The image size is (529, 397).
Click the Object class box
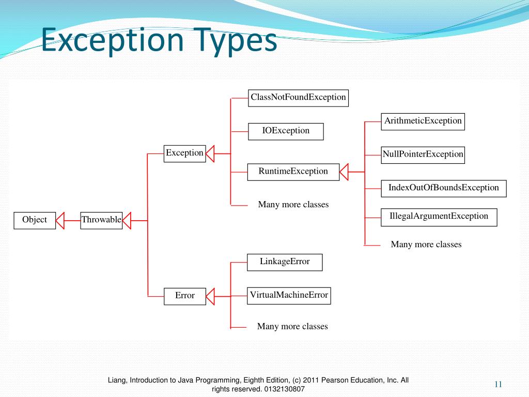pyautogui.click(x=35, y=220)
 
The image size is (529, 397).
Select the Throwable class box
pyautogui.click(x=101, y=220)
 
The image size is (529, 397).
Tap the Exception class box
pyautogui.click(x=184, y=154)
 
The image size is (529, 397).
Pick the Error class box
pyautogui.click(x=184, y=296)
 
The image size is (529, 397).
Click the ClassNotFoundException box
pyautogui.click(x=298, y=98)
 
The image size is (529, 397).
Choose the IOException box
pyautogui.click(x=286, y=131)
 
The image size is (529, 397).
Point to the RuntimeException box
pyautogui.click(x=293, y=172)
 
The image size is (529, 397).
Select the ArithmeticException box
pyautogui.click(x=423, y=121)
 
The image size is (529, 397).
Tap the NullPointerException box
pyautogui.click(x=423, y=155)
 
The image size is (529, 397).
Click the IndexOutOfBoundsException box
pyautogui.click(x=443, y=188)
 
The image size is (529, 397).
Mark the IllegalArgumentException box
pyautogui.click(x=438, y=217)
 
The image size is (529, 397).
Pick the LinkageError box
pyautogui.click(x=285, y=262)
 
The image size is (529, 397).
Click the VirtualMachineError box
pyautogui.click(x=289, y=296)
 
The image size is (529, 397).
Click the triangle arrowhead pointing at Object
pyautogui.click(x=60, y=220)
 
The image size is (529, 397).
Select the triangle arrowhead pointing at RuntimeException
pyautogui.click(x=345, y=171)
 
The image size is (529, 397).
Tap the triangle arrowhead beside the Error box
pyautogui.click(x=210, y=296)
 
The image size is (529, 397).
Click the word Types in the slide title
pyautogui.click(x=235, y=41)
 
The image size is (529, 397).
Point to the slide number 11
pyautogui.click(x=498, y=384)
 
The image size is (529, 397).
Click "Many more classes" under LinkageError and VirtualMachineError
pyautogui.click(x=292, y=327)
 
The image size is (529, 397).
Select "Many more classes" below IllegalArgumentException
pyautogui.click(x=426, y=245)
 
